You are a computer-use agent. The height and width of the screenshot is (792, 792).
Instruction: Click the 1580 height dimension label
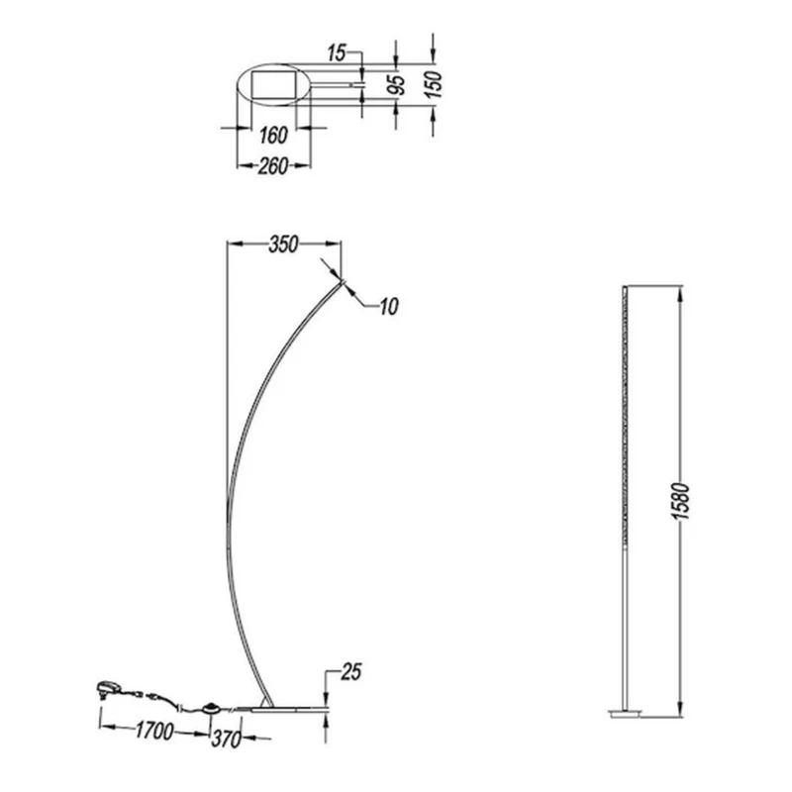(680, 501)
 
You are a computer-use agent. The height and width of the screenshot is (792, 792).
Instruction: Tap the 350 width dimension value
(283, 245)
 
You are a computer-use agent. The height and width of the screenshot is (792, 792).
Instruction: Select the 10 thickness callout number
(389, 306)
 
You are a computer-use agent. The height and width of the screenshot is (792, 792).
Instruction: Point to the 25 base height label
(351, 672)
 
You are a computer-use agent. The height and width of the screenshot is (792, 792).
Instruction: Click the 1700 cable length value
(154, 731)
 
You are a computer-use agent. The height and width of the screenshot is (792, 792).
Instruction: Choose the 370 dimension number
(227, 740)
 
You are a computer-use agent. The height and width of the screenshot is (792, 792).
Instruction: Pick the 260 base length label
(273, 166)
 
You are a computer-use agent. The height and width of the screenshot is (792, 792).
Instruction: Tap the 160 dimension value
(273, 136)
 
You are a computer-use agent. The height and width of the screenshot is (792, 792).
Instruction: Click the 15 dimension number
(337, 52)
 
